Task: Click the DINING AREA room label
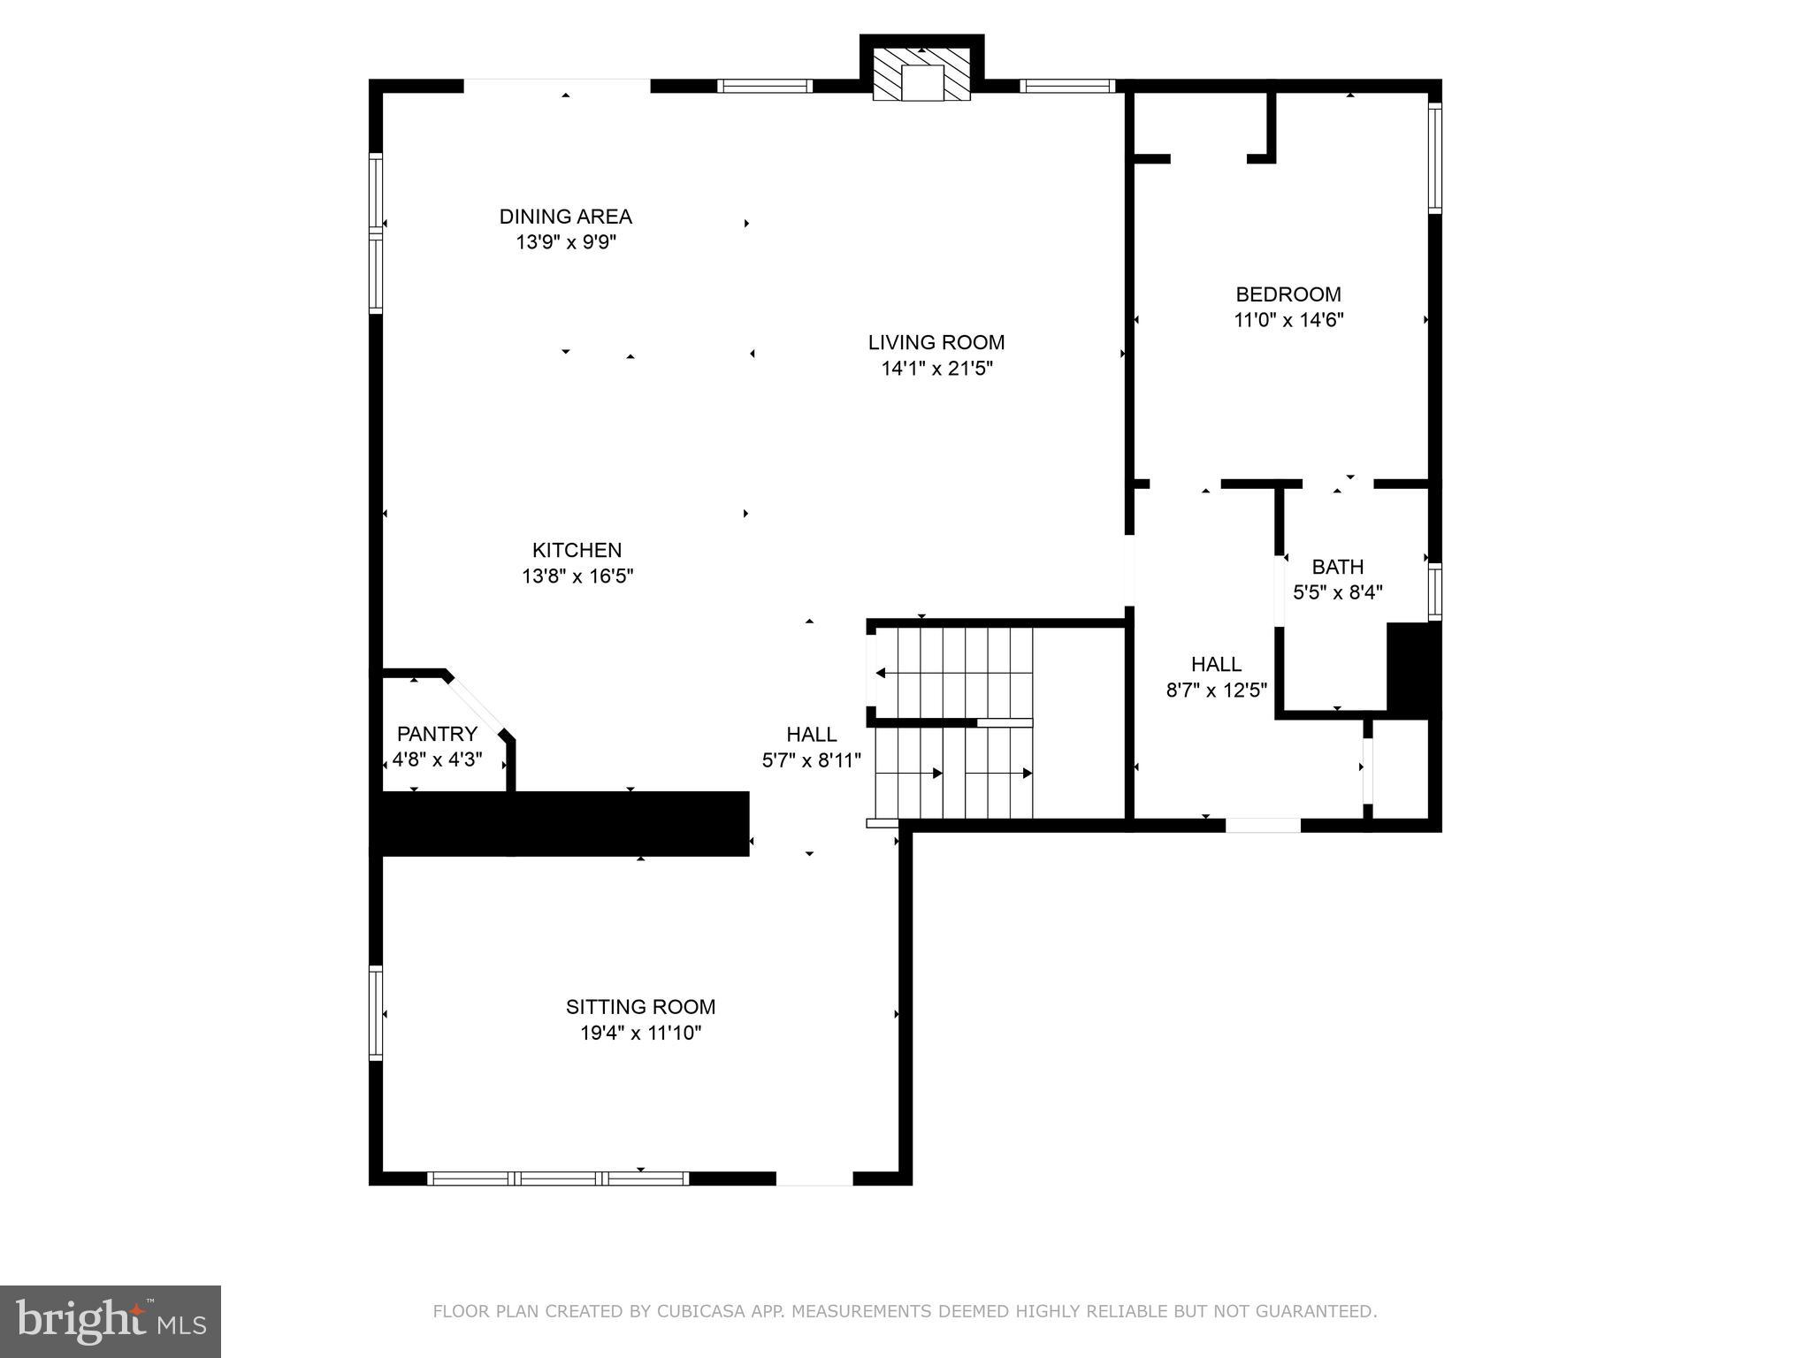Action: coord(565,217)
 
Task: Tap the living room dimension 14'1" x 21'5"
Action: coord(936,368)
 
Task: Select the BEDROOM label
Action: coord(1288,294)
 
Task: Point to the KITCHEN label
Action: coord(577,550)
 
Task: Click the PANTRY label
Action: coord(437,734)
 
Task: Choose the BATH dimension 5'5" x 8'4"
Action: coord(1337,592)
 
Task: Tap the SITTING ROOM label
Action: coord(640,1006)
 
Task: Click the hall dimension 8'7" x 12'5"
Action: coord(1217,690)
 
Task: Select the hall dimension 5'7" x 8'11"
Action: coord(811,760)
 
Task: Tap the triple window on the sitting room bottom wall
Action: coord(558,1178)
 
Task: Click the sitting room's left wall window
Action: coord(376,1013)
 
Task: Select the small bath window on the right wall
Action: coord(1434,591)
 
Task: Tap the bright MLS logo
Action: coord(111,1321)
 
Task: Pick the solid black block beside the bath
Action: coord(1413,668)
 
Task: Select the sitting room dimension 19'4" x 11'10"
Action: coord(640,1033)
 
